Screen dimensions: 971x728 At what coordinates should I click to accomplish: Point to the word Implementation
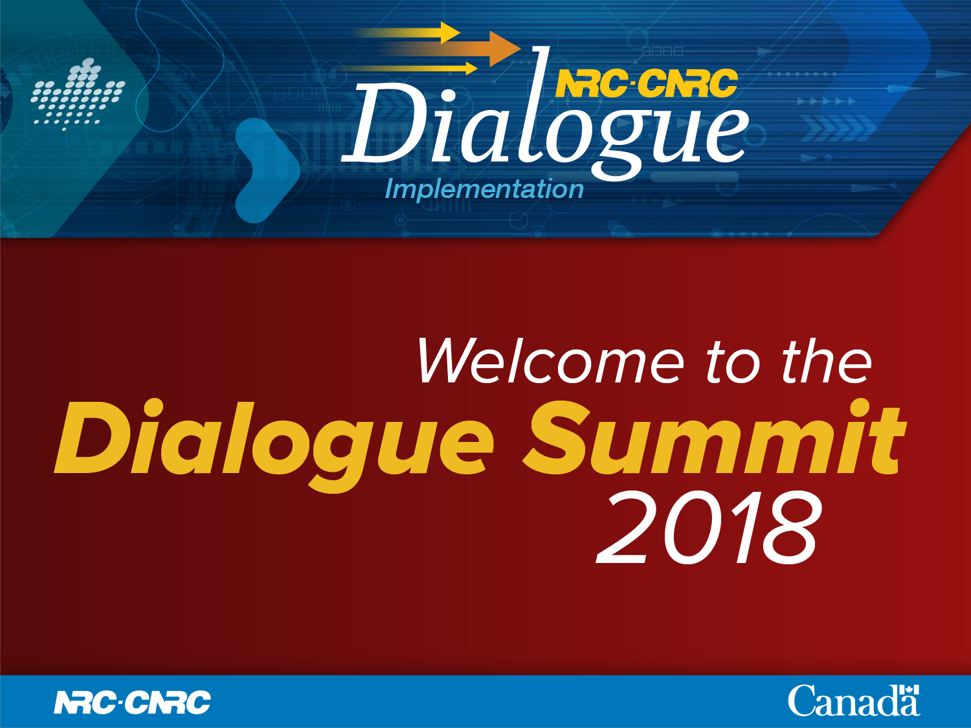pyautogui.click(x=484, y=189)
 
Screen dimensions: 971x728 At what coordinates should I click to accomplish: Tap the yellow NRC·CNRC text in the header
pyautogui.click(x=647, y=83)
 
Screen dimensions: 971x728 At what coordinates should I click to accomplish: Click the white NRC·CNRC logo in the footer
pyautogui.click(x=132, y=702)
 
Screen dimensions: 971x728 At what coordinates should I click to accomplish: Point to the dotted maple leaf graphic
pyautogui.click(x=78, y=94)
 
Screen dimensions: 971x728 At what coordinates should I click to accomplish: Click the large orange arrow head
pyautogui.click(x=505, y=49)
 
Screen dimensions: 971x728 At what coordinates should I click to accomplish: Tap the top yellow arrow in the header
pyautogui.click(x=408, y=33)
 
